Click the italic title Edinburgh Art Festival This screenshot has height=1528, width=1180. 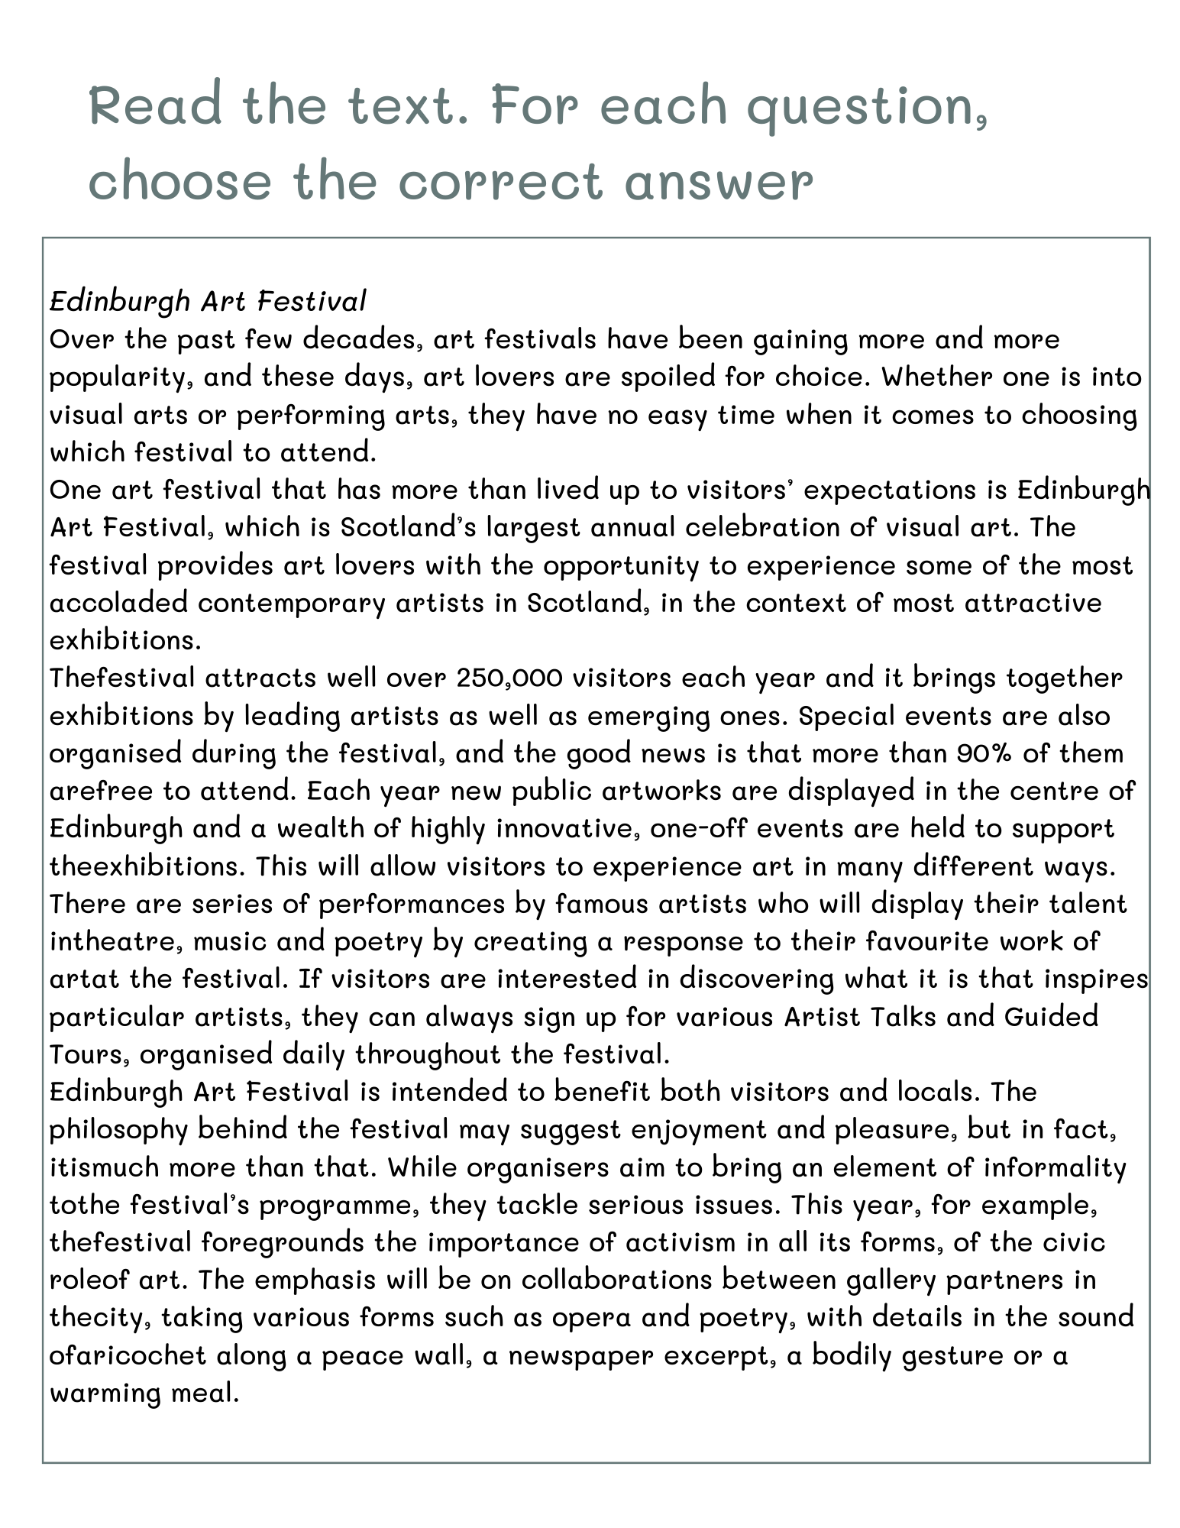pos(208,301)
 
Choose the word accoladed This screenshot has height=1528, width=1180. pos(118,603)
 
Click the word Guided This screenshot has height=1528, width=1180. pos(1051,1017)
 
